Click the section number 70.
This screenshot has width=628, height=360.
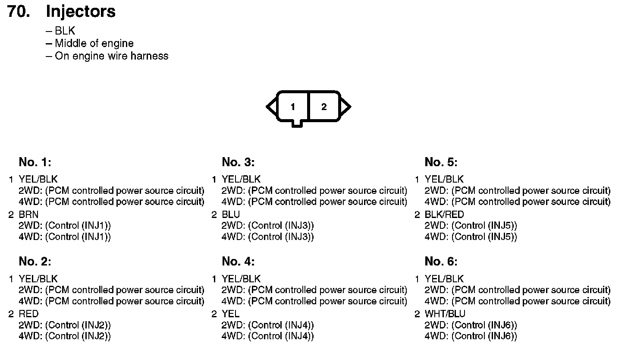[19, 12]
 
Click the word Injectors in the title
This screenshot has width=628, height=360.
[81, 12]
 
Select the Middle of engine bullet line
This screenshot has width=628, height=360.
[94, 44]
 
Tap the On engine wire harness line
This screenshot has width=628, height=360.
[111, 56]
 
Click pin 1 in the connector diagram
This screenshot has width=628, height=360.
[293, 107]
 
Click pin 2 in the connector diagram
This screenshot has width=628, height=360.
[324, 107]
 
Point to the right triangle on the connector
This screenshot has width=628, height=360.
[345, 107]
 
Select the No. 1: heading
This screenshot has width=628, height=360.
[35, 162]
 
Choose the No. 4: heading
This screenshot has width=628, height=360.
[238, 262]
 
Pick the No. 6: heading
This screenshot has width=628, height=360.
[441, 262]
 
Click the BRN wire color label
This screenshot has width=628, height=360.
[28, 215]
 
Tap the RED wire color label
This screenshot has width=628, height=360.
[28, 314]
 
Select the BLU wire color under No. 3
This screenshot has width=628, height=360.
[231, 215]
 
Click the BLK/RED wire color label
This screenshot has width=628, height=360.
[444, 215]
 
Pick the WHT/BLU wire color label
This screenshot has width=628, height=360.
[445, 314]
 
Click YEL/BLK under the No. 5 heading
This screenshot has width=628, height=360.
[444, 179]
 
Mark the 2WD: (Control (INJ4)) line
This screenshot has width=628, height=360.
[267, 325]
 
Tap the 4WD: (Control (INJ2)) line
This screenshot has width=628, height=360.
[65, 336]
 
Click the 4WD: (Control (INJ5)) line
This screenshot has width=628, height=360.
[471, 237]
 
